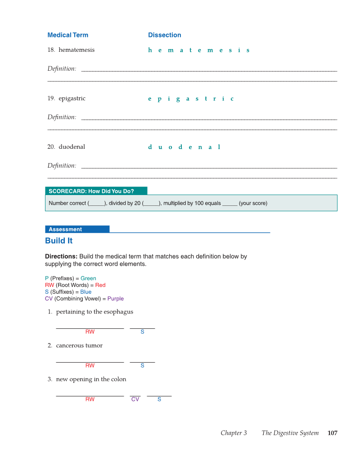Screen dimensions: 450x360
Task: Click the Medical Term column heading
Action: coord(67,35)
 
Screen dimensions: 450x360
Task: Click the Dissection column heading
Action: coord(164,35)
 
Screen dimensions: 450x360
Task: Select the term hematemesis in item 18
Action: coord(76,50)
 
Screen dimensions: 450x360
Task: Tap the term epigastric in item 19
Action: coord(72,98)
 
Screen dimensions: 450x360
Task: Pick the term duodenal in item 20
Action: coord(72,147)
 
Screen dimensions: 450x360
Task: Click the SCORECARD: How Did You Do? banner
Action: coord(91,191)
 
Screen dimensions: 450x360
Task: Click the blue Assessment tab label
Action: coord(65,229)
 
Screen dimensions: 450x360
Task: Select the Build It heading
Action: coord(58,241)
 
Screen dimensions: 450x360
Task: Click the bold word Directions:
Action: coord(61,256)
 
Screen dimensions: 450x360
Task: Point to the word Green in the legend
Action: coord(88,278)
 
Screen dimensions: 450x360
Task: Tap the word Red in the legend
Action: coord(100,285)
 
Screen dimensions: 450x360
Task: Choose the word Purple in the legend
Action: coord(115,299)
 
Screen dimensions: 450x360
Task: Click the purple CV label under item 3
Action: coord(135,399)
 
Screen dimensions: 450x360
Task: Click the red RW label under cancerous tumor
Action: coord(90,365)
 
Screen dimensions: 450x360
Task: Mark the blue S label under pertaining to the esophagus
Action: coord(142,332)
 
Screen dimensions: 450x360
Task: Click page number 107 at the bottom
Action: coord(332,433)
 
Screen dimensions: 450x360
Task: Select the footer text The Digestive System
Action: coord(290,433)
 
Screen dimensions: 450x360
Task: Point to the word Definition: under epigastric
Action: coord(62,117)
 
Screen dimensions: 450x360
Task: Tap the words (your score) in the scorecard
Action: coord(253,203)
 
